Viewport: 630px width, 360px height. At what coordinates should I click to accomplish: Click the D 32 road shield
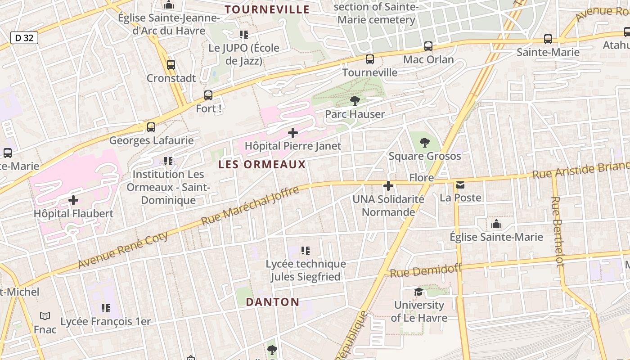point(24,38)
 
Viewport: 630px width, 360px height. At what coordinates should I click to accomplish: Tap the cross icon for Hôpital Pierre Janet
point(293,133)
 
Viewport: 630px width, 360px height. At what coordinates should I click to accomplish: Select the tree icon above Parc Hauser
point(355,100)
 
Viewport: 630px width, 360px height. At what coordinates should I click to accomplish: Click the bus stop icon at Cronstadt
point(171,64)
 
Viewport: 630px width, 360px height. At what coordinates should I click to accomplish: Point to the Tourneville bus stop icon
point(370,59)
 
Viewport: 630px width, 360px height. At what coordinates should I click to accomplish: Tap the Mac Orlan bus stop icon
point(428,46)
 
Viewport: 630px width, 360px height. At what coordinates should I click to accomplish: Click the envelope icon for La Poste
point(460,184)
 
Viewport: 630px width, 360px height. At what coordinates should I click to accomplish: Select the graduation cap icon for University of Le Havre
point(419,292)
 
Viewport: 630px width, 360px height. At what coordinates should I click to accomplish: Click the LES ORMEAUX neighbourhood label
point(262,165)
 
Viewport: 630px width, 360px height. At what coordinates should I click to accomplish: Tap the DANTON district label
point(273,302)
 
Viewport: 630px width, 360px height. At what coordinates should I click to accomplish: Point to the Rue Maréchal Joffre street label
point(250,206)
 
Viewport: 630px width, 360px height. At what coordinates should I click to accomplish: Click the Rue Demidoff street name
point(426,271)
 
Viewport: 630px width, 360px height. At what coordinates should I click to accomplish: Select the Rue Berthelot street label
point(558,231)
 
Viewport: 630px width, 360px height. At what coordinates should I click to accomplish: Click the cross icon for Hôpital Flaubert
point(73,200)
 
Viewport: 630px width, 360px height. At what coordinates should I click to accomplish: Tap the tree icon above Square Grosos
point(424,143)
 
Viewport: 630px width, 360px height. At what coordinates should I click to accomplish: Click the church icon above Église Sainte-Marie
point(496,224)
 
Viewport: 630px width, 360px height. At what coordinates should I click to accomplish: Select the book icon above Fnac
point(45,316)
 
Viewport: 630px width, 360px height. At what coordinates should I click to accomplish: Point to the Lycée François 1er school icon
point(106,308)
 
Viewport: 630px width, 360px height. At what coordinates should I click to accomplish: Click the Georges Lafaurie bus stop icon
point(151,127)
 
